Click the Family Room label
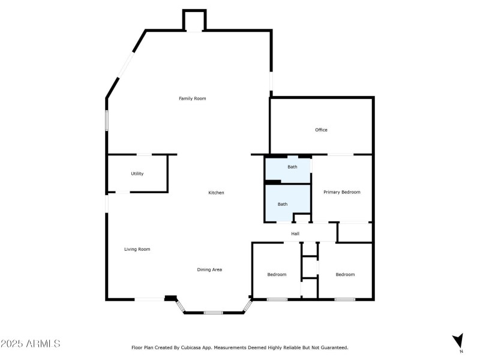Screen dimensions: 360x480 tap(192, 98)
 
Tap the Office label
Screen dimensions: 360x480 tap(321, 130)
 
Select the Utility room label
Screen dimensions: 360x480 tap(137, 174)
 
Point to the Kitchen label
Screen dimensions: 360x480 tap(216, 193)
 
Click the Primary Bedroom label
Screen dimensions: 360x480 tap(342, 192)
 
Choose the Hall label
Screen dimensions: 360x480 tap(295, 233)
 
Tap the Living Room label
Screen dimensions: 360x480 tap(137, 249)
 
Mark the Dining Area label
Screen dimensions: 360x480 tap(209, 269)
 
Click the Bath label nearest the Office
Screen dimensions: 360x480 tap(292, 166)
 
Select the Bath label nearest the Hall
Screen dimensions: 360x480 tap(282, 204)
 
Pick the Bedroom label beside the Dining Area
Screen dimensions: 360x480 tap(277, 274)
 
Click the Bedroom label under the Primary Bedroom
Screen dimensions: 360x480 tap(345, 274)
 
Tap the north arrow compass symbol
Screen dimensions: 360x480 tap(458, 341)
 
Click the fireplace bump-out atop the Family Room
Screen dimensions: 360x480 tap(194, 20)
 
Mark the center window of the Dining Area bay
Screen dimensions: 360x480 tap(213, 313)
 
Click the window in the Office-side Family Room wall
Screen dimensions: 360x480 tap(271, 81)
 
